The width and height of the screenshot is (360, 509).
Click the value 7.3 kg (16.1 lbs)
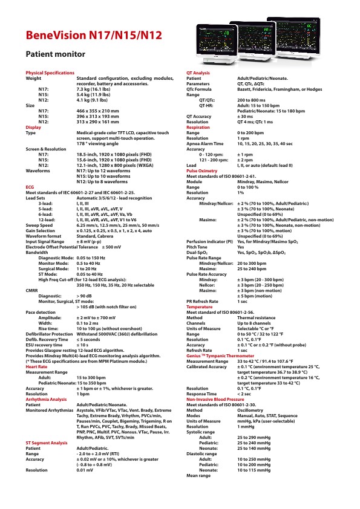pos(97,89)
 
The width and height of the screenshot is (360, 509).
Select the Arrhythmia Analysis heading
pos(46,400)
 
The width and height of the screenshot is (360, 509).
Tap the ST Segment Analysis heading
pos(47,443)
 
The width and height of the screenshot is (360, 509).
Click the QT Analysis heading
pos(198,73)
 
